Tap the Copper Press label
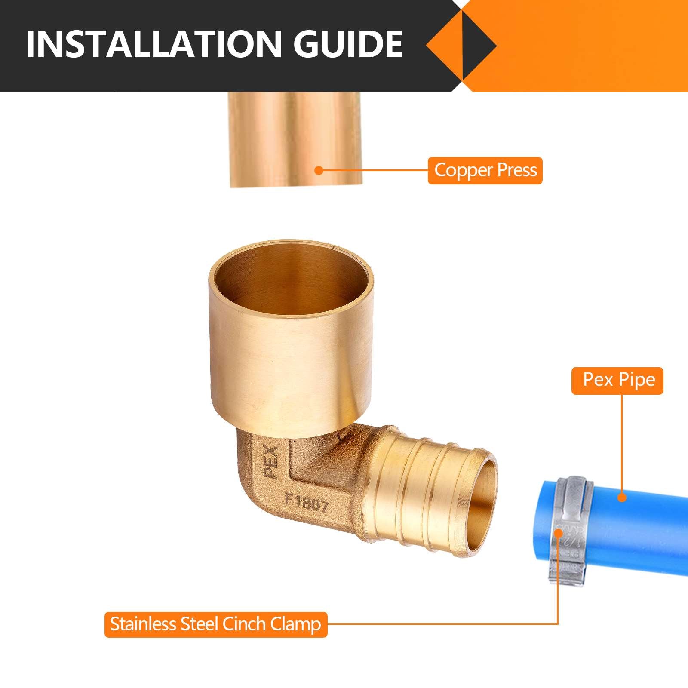pos(485,170)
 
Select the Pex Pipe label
pos(617,380)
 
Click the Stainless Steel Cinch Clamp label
pos(216,624)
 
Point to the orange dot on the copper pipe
pos(319,170)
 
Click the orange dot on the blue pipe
pos(622,498)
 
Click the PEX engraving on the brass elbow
pos(271,462)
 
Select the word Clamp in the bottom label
pos(296,624)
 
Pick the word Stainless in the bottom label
pos(143,624)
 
